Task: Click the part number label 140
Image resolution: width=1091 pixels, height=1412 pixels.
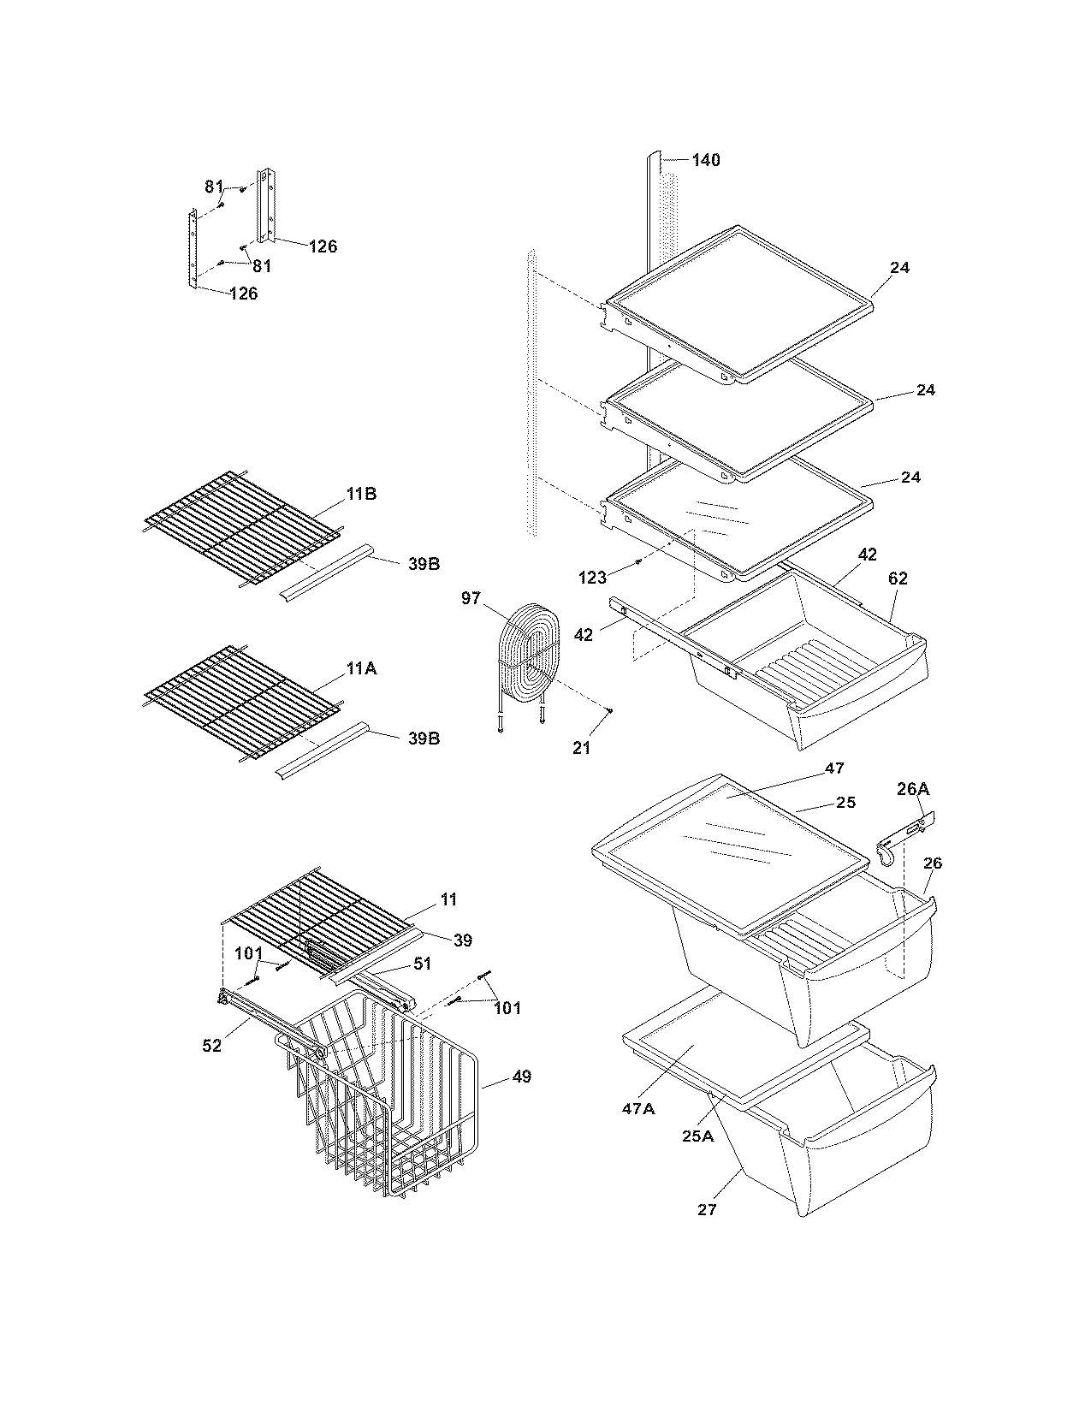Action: pos(706,160)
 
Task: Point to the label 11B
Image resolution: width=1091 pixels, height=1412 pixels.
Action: pos(361,495)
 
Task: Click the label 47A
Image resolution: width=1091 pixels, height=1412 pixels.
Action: pos(639,1108)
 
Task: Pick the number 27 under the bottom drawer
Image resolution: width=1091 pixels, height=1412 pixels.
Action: pos(707,1209)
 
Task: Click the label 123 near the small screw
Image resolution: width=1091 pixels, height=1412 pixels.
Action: pos(592,578)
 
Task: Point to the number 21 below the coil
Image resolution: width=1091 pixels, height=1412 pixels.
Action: pos(582,748)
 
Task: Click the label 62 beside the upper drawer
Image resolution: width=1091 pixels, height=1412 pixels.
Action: pos(898,578)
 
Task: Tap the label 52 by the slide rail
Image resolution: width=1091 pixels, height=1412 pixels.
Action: pos(211,1045)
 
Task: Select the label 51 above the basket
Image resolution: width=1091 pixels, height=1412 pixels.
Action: pos(422,964)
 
